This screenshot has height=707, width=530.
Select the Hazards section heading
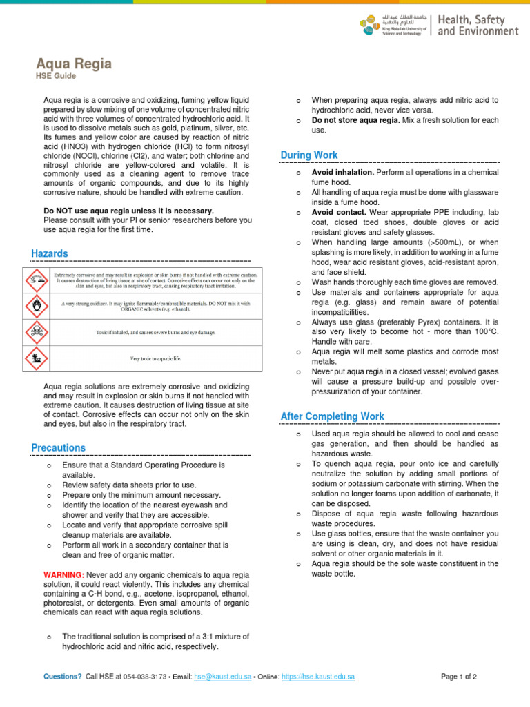pyautogui.click(x=50, y=254)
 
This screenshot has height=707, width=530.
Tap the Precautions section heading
pyautogui.click(x=59, y=448)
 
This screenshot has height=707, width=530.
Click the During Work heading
pyautogui.click(x=309, y=155)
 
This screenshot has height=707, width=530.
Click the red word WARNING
pyautogui.click(x=63, y=575)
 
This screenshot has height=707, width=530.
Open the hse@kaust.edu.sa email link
pyautogui.click(x=222, y=677)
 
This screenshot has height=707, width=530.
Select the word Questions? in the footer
pyautogui.click(x=62, y=677)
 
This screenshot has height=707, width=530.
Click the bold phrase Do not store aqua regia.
pyautogui.click(x=355, y=120)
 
